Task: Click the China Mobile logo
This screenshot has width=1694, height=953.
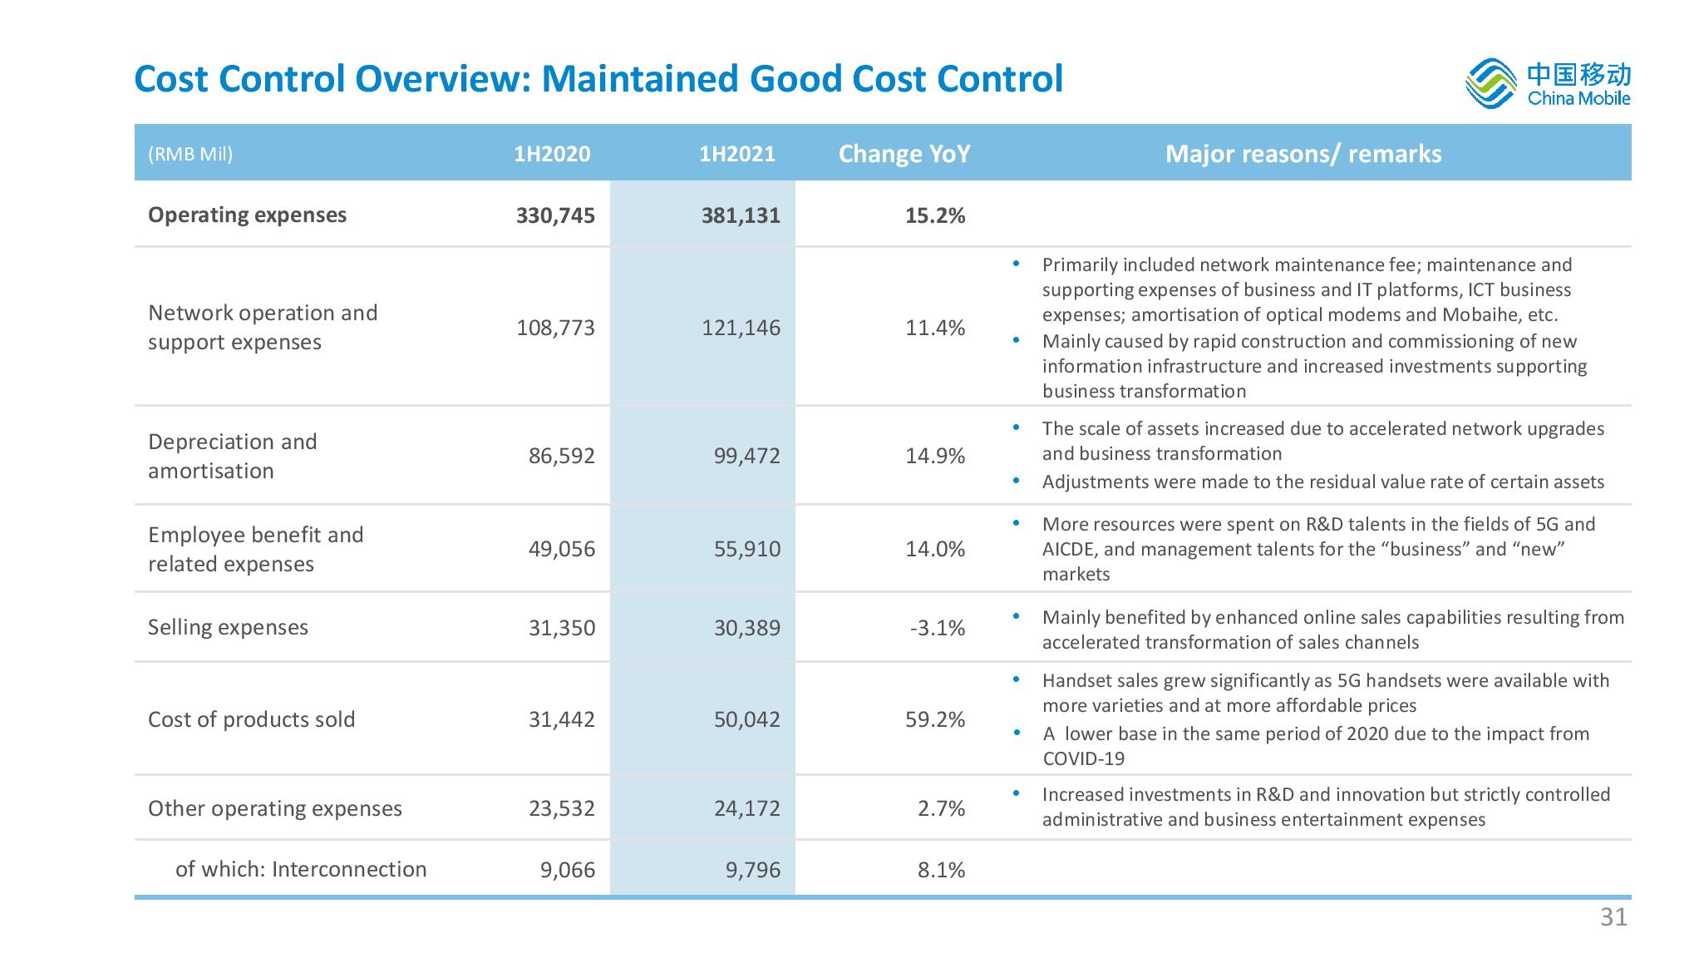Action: pos(1547,84)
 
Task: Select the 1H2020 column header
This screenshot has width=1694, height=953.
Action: pos(552,154)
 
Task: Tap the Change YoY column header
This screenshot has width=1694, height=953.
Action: pos(904,154)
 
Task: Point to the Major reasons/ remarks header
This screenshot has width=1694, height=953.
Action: pos(1303,154)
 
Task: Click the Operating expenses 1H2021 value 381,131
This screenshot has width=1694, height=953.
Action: pos(740,215)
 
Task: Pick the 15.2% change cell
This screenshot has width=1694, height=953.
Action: pos(935,215)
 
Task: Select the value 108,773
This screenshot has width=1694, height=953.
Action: pos(555,328)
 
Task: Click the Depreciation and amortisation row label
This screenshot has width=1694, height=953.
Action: pos(233,456)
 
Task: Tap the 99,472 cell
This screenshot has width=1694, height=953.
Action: pos(746,456)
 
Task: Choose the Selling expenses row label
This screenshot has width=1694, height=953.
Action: pos(228,627)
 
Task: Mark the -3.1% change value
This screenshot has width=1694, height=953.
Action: pos(938,628)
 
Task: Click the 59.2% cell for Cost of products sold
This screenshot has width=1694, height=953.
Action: pos(935,719)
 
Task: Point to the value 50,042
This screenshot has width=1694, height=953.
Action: pos(746,719)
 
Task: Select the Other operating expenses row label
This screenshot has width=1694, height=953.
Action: pos(274,808)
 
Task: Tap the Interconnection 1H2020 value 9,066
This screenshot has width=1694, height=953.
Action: pos(568,870)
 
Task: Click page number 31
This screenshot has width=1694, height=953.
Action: pos(1613,916)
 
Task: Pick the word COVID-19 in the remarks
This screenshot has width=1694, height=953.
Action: pos(1083,758)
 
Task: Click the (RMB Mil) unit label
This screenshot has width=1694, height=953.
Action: pos(190,154)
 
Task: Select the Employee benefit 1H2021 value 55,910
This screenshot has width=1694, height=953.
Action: pos(746,549)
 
